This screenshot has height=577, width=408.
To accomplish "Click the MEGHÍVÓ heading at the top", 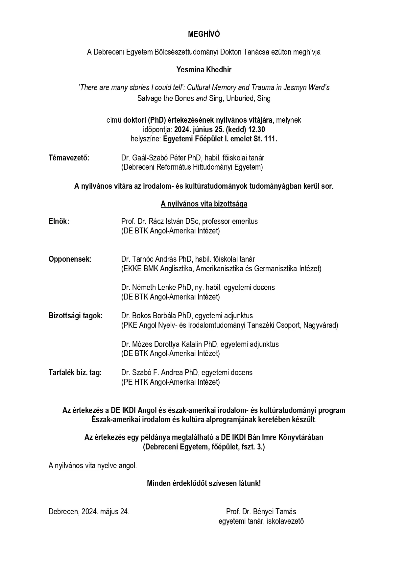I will pos(204,34).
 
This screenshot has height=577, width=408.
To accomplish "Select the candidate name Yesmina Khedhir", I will pos(204,70).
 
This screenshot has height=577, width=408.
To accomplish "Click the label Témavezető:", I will pos(69,158).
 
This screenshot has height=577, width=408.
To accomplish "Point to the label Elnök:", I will pos(59,221).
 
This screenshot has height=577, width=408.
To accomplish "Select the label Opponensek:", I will pos(70,259).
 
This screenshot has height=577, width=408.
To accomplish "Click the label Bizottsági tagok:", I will pos(76,316).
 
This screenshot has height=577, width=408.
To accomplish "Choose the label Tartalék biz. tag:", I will pos(75,373).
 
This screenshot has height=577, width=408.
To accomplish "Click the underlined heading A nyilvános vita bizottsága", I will pos(204,204).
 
